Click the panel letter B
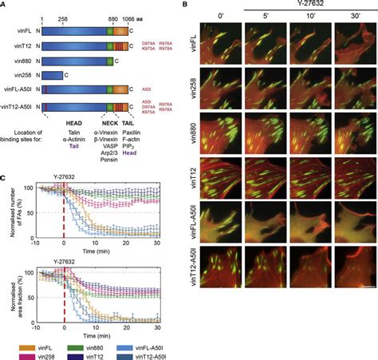(x=185, y=5)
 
